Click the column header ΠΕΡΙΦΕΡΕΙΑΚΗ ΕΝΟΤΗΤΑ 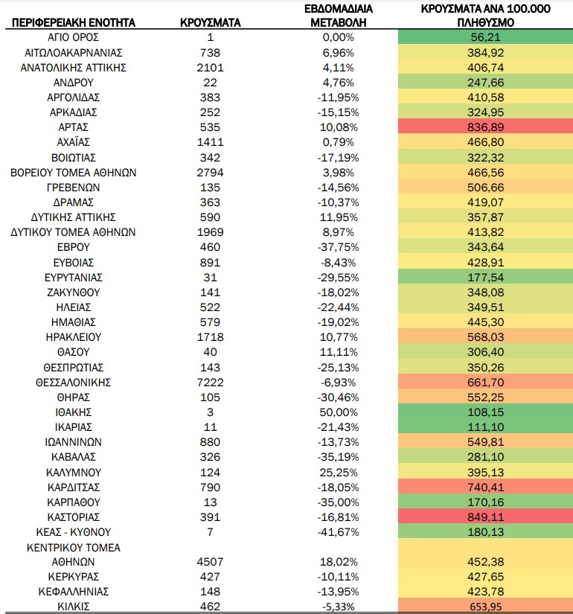click(x=73, y=23)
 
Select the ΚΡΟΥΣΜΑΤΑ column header click(x=211, y=23)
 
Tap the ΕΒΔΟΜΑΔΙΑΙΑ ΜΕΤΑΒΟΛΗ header click(x=339, y=16)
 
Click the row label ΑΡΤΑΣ click(x=73, y=127)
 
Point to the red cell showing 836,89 click(x=486, y=127)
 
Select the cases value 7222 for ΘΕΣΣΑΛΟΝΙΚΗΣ click(x=211, y=383)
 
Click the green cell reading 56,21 click(x=486, y=37)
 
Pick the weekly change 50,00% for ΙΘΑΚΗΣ click(x=339, y=412)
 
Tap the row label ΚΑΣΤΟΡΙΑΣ click(x=73, y=517)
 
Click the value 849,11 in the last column click(x=486, y=517)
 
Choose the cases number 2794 click(x=211, y=173)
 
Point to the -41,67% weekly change click(x=339, y=532)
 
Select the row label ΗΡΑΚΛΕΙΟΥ click(x=73, y=337)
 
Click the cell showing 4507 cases click(x=211, y=562)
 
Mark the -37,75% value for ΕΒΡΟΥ click(x=339, y=247)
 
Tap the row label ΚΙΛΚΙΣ click(x=73, y=607)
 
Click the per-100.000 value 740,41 click(x=486, y=487)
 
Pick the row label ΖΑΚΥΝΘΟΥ click(x=73, y=292)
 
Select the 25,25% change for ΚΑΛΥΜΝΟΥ click(x=339, y=473)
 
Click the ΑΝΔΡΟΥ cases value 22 click(x=211, y=83)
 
